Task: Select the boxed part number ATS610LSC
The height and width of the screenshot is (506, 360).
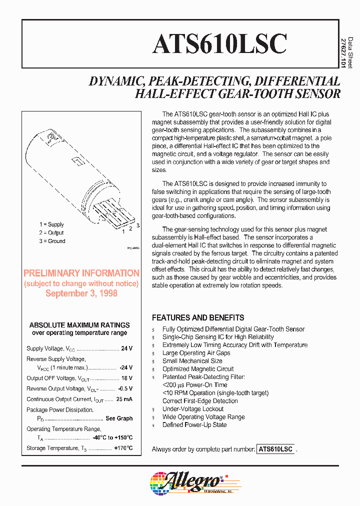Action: pos(275,449)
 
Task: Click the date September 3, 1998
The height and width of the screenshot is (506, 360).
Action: pos(81,293)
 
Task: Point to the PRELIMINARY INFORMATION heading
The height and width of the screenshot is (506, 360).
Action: pos(81,273)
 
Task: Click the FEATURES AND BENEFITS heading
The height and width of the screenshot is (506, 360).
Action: pos(198,317)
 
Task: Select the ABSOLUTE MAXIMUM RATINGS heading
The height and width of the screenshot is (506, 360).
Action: pos(79,325)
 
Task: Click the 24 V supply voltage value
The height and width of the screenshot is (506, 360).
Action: pos(126,348)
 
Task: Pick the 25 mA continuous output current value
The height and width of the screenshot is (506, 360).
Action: pos(124,399)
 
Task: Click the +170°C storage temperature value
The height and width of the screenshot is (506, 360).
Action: pos(123,448)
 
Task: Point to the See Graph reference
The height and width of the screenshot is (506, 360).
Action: pos(119,418)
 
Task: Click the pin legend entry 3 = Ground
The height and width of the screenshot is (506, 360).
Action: pos(52,241)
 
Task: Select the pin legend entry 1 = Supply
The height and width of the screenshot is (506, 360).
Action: pos(52,224)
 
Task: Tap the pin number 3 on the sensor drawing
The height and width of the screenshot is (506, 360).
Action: pos(138,226)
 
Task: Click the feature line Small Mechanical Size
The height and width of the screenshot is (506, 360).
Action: pos(192,361)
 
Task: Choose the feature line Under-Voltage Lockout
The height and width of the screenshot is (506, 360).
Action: pos(192,409)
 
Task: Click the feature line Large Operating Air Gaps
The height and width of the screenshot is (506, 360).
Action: pos(196,353)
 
